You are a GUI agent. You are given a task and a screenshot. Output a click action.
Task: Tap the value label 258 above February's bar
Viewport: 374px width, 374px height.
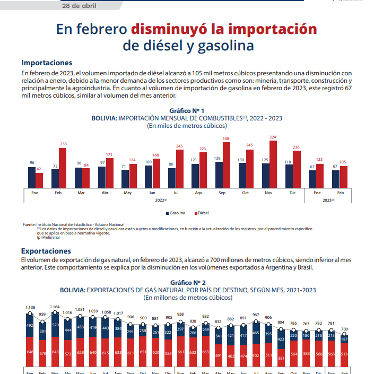click(63, 144)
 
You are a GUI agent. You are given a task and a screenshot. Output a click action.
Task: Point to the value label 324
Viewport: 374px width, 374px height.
click(273, 137)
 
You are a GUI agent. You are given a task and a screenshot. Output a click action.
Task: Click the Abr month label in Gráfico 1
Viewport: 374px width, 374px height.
click(105, 193)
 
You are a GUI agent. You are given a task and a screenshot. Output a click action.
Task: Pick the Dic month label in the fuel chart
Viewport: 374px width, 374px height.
click(292, 193)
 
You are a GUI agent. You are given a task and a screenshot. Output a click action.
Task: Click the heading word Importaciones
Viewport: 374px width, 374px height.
click(47, 63)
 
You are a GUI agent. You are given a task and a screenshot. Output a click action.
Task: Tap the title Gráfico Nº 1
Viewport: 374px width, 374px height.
click(187, 110)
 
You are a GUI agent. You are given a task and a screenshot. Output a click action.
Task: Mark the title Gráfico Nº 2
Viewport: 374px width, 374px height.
click(187, 283)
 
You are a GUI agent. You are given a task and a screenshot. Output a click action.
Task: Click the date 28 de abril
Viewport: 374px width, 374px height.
click(79, 6)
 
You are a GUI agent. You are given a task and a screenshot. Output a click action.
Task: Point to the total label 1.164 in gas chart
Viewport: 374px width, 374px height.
click(55, 307)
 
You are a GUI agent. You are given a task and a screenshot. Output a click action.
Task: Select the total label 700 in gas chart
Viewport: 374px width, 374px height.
click(344, 329)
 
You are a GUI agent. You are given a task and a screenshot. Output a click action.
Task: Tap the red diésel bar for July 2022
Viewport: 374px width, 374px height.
click(180, 169)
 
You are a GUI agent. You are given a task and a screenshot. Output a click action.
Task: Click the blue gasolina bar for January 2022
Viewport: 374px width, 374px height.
click(32, 177)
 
